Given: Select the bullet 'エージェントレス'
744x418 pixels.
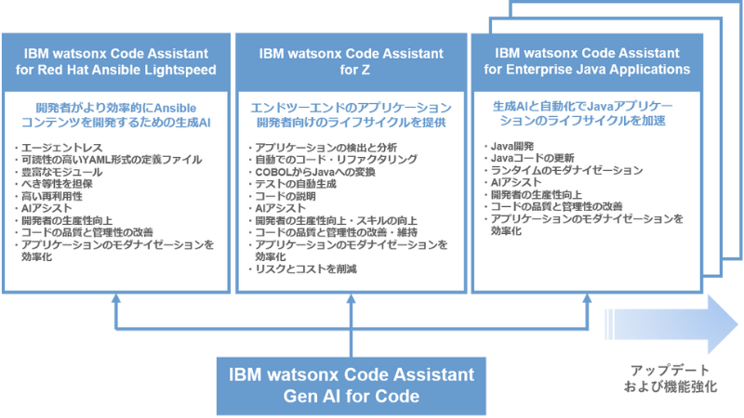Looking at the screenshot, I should tap(56, 147).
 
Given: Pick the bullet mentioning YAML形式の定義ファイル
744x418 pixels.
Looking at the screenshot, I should tap(110, 160).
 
